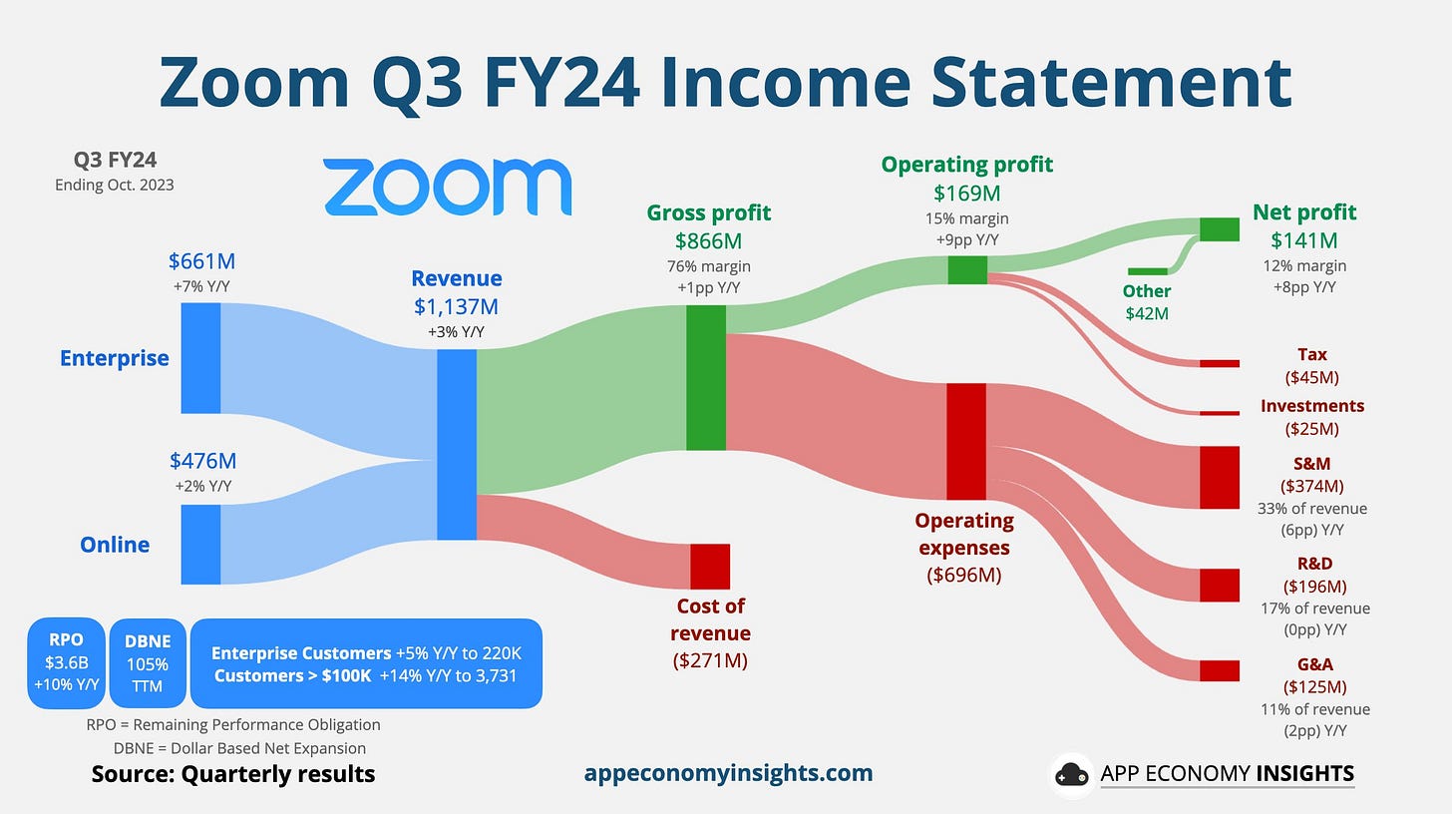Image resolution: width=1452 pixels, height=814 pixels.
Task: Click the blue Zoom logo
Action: tap(447, 187)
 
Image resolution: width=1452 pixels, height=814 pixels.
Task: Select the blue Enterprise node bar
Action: tap(200, 358)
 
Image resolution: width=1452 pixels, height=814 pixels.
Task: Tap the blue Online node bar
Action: tap(200, 545)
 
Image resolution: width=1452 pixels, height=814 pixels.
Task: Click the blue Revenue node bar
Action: tap(457, 445)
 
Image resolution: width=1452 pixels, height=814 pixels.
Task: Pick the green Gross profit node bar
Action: tap(706, 377)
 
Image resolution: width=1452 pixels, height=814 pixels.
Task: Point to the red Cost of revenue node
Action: tap(710, 567)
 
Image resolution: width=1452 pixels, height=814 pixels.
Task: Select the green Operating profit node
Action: tap(967, 269)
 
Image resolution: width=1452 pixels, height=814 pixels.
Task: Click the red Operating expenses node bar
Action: tap(966, 441)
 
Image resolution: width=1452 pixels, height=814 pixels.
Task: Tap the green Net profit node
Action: tap(1220, 229)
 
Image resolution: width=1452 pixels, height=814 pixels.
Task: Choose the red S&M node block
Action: tap(1220, 478)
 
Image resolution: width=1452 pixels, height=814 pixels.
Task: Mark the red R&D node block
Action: tap(1220, 585)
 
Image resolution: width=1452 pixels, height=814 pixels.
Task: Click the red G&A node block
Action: tap(1220, 670)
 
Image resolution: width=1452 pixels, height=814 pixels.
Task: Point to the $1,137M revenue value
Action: tap(457, 307)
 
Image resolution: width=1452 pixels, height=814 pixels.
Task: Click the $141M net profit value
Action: tap(1304, 240)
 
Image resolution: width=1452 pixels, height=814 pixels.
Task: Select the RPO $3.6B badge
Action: tap(66, 663)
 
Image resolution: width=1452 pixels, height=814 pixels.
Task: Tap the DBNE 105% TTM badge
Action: tap(148, 663)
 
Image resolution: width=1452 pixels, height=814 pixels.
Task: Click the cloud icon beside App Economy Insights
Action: tap(1071, 774)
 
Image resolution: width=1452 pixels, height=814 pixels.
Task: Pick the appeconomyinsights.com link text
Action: tap(729, 773)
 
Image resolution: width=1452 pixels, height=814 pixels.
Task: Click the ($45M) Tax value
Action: tap(1312, 377)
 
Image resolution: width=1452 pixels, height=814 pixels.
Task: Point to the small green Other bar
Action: tap(1147, 271)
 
